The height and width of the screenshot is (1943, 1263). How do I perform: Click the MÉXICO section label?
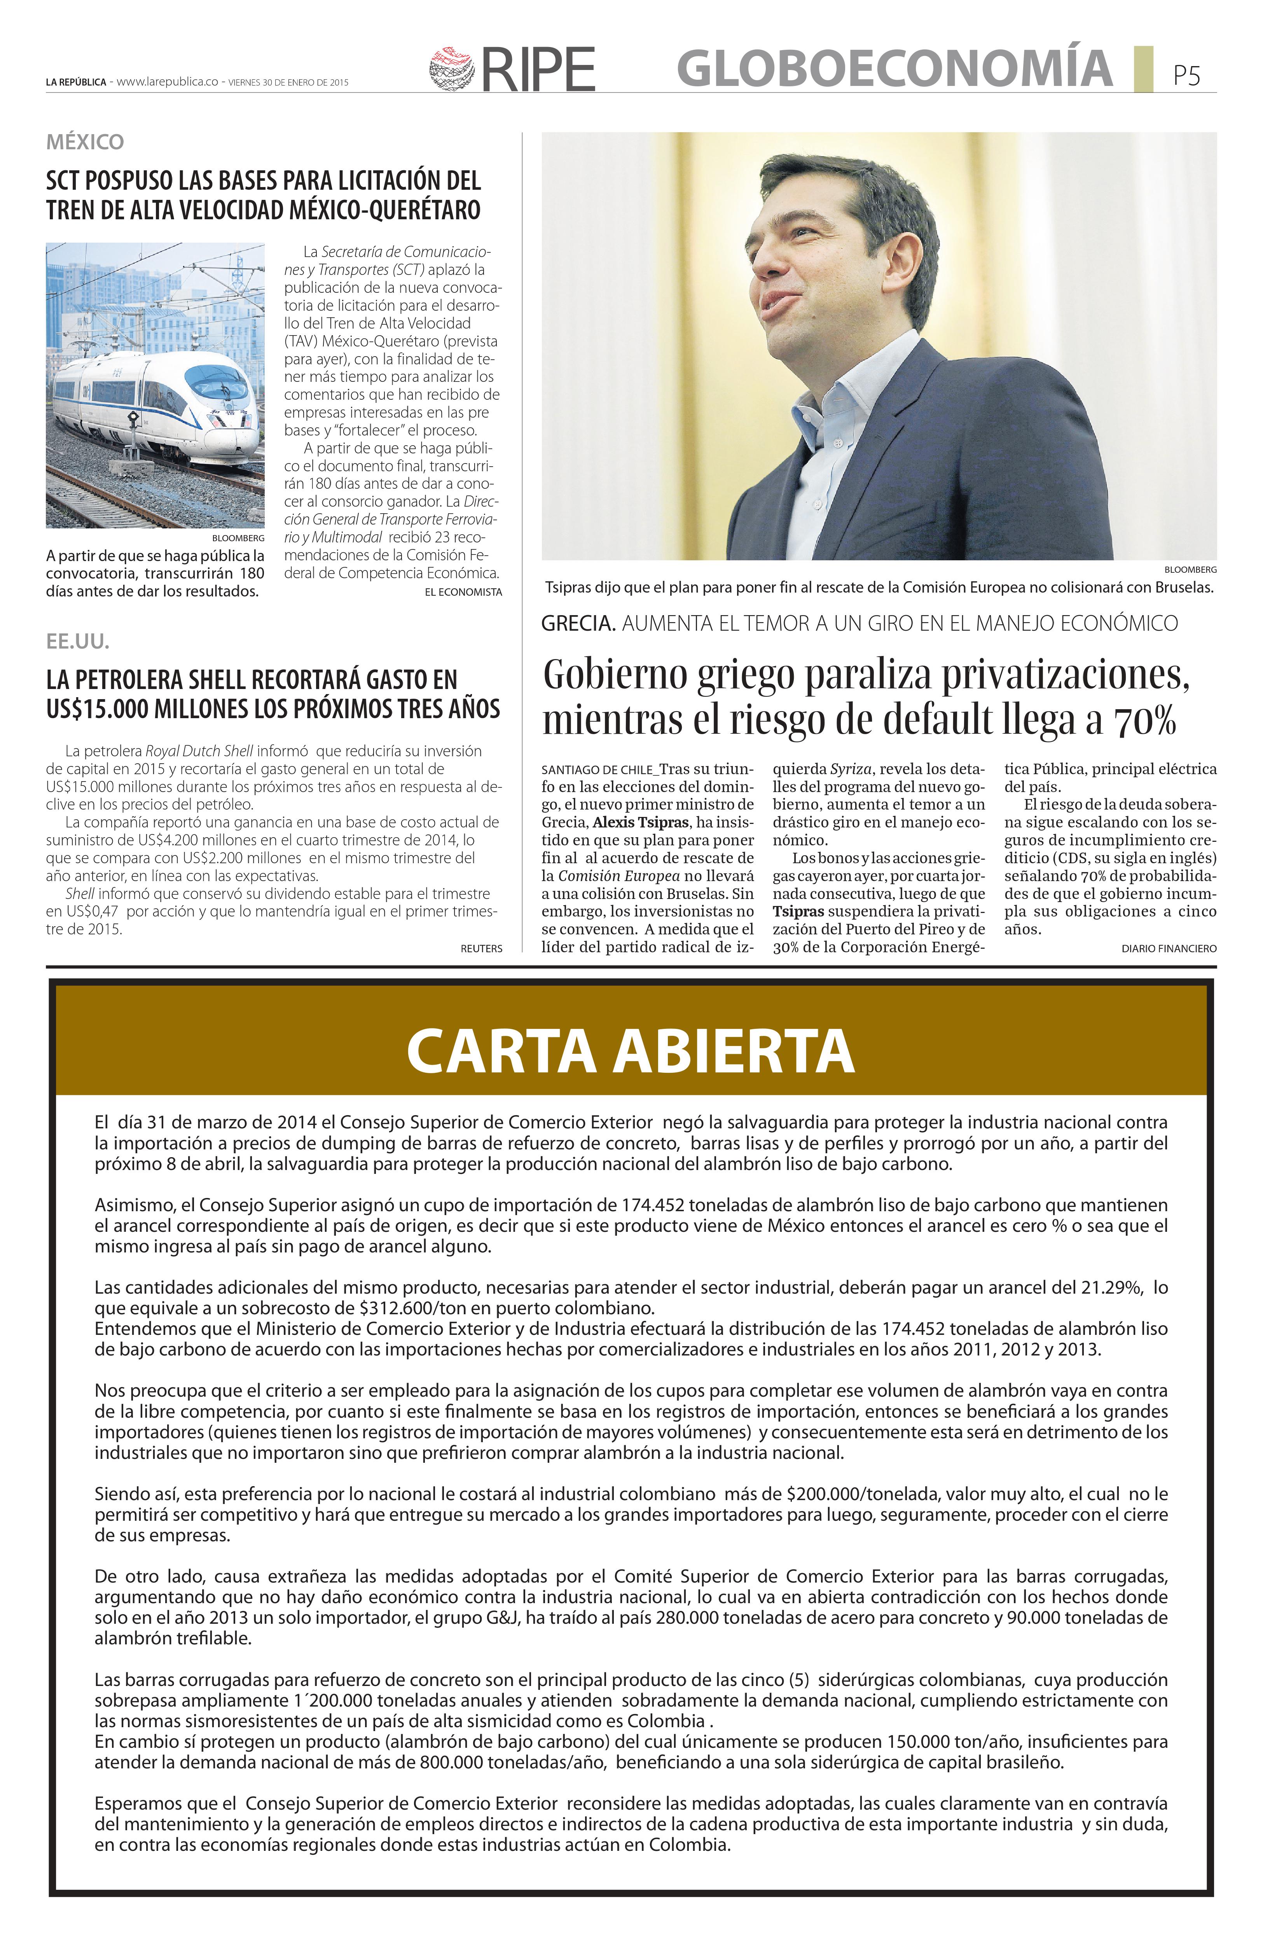tap(85, 142)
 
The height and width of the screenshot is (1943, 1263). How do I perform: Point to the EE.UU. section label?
tap(78, 642)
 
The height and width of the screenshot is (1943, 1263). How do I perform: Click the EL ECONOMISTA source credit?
tap(463, 592)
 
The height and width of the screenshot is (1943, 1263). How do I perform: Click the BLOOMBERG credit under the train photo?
tap(238, 539)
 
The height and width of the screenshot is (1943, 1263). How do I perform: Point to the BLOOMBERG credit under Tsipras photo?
tap(1190, 569)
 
